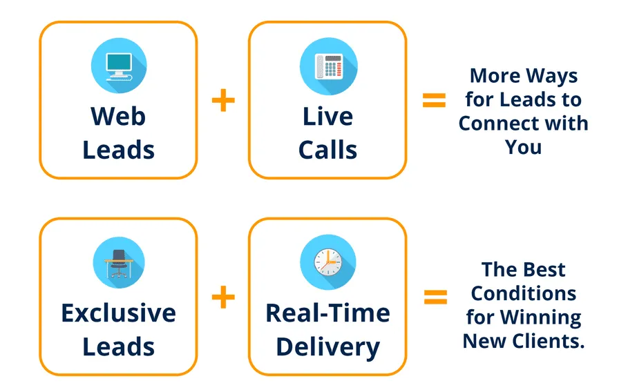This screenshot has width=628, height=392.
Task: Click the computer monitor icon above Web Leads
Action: coord(119,66)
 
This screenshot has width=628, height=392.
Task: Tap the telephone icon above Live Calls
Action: coord(328,66)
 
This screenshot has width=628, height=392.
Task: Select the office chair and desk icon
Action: coord(119,262)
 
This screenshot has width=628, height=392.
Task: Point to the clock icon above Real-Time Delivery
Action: coord(328,262)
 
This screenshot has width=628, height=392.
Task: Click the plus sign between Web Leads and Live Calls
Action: coord(223,100)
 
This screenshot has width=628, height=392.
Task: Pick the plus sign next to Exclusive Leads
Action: coord(223,297)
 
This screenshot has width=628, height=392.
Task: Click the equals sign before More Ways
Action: coord(434,100)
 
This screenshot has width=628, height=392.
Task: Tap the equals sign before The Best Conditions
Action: coord(435,297)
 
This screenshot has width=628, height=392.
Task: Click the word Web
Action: coord(118,116)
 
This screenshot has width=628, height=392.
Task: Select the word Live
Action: coord(327,116)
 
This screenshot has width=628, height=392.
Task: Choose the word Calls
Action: coord(327,150)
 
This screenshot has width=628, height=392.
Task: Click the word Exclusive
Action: coord(119,313)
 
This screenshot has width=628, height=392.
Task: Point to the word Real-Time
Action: coord(327,313)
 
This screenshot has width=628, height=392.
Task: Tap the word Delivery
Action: coord(327,347)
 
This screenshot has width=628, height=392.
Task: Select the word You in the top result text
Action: coord(523,147)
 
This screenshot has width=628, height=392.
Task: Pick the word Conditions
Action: coord(524,293)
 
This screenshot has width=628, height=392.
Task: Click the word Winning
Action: coord(541,317)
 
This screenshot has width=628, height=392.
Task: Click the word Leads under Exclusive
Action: coord(119,347)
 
